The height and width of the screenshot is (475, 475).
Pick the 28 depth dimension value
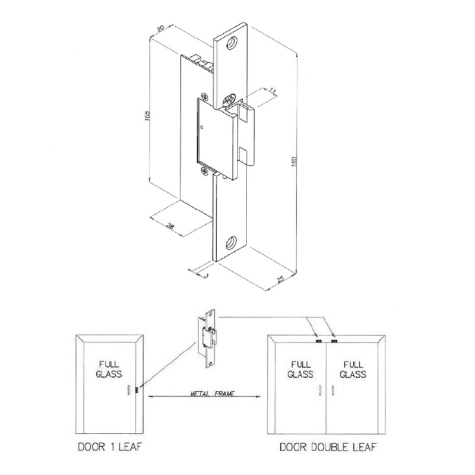coord(170,225)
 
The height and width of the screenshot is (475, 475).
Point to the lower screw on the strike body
coord(205,172)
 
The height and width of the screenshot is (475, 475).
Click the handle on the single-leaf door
coord(128,389)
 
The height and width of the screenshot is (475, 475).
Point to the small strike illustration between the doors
coord(208,336)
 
